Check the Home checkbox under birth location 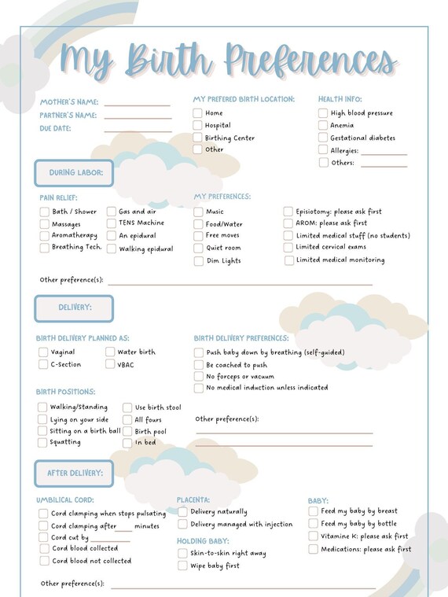point(198,113)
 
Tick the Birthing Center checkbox point(198,138)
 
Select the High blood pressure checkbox point(323,113)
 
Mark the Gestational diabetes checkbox point(323,138)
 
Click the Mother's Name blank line point(138,104)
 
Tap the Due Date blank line point(138,131)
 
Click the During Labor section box point(74,173)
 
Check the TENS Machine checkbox point(112,223)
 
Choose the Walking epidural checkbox point(112,249)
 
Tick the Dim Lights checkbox point(199,261)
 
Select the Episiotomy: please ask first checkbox point(289,212)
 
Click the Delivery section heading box point(74,308)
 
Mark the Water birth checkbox point(110,352)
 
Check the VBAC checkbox point(110,365)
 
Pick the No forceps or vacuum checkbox point(199,377)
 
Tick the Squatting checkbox point(43,443)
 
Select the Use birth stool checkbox point(127,407)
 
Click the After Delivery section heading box point(74,474)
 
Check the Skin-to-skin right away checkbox point(183,554)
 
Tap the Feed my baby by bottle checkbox point(314,524)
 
